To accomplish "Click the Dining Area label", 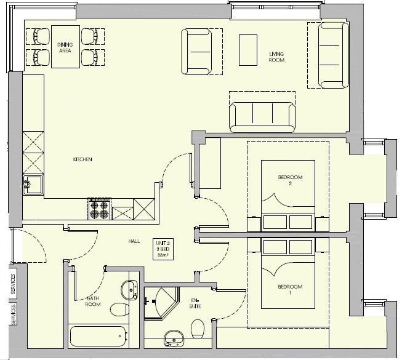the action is click(65, 47).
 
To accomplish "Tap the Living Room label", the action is click(276, 57).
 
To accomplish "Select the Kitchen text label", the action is click(82, 159).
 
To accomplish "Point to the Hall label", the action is click(134, 241).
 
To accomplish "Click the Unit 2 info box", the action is click(163, 249).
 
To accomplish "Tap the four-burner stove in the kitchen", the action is click(100, 209).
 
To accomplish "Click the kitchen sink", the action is click(33, 185).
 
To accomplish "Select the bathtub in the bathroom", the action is click(98, 337).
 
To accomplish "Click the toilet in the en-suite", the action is click(198, 329).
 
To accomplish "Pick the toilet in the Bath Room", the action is click(119, 310).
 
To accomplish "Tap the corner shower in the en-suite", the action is click(161, 303).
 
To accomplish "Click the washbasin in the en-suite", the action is click(174, 338).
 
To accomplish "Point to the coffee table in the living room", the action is click(248, 50).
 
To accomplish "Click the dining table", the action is click(65, 47).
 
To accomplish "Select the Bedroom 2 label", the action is click(290, 180).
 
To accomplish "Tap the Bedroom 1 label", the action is click(290, 289).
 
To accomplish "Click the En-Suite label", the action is click(195, 303).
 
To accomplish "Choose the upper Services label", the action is click(13, 284).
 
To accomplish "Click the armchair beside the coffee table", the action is click(197, 52).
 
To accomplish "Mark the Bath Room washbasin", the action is click(129, 290).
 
